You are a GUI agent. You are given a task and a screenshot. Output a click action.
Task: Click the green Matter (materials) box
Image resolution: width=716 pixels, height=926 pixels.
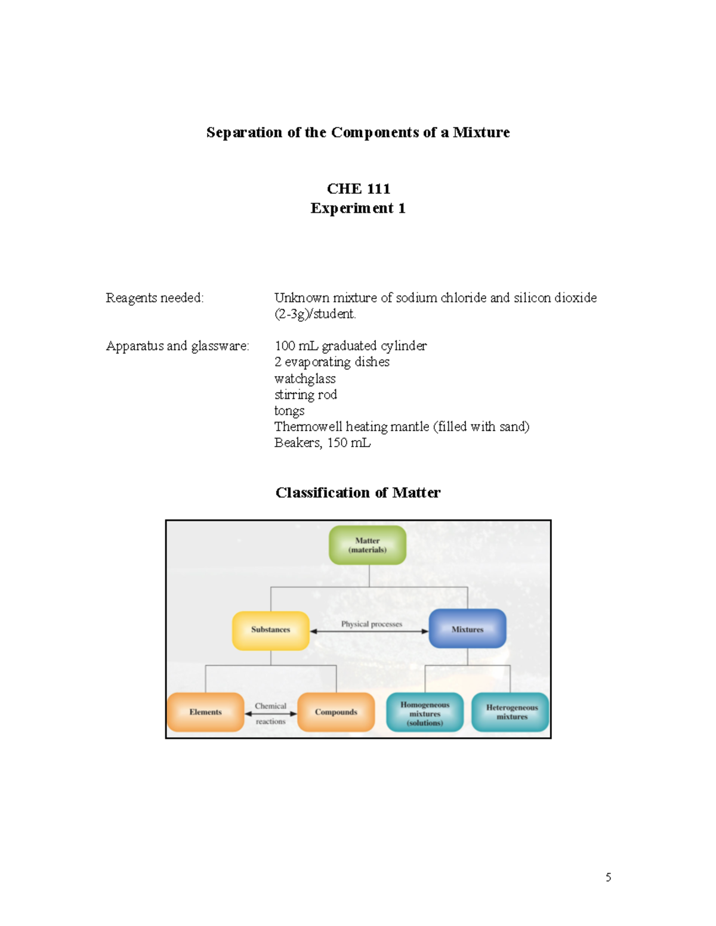point(368,545)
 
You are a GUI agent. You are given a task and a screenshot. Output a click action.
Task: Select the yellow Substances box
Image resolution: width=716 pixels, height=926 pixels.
point(271,630)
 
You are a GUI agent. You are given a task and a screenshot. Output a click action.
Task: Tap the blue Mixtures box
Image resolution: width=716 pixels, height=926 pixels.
point(467,629)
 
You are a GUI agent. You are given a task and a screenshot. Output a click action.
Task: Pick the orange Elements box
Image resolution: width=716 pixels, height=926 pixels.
point(206,712)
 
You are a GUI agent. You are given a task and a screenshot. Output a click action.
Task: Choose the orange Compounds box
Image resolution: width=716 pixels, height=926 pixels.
point(336,712)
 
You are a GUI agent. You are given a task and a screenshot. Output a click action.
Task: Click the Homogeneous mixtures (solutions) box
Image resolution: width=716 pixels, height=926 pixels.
point(425,713)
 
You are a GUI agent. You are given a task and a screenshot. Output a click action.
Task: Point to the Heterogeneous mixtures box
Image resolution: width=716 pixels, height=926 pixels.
point(511,712)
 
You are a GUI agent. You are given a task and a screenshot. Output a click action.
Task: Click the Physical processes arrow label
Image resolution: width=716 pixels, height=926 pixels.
point(371,624)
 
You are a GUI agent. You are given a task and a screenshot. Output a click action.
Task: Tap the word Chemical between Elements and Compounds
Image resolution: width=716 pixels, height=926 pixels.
point(270,706)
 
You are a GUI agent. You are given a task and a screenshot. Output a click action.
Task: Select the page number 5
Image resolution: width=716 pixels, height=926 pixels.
point(608,877)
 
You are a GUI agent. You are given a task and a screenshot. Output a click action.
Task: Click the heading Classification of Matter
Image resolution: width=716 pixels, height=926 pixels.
point(358,493)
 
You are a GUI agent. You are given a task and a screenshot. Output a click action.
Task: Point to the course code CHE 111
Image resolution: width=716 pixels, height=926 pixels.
point(358,189)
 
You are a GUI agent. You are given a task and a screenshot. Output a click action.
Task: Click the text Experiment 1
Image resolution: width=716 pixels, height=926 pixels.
point(358,208)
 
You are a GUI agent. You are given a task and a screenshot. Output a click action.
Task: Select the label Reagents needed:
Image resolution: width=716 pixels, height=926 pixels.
point(155,298)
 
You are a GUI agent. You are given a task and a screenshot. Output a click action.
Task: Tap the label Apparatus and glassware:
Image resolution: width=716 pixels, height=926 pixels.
point(177,346)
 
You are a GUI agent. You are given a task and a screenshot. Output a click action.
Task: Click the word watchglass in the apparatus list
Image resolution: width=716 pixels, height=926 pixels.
point(305,379)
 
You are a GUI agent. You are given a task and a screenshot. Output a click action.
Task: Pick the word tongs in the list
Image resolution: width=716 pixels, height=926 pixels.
point(289,411)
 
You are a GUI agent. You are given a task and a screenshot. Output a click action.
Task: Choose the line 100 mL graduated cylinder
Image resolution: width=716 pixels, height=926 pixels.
point(350,346)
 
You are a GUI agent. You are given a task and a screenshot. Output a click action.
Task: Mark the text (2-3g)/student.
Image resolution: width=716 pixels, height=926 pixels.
point(315,314)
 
